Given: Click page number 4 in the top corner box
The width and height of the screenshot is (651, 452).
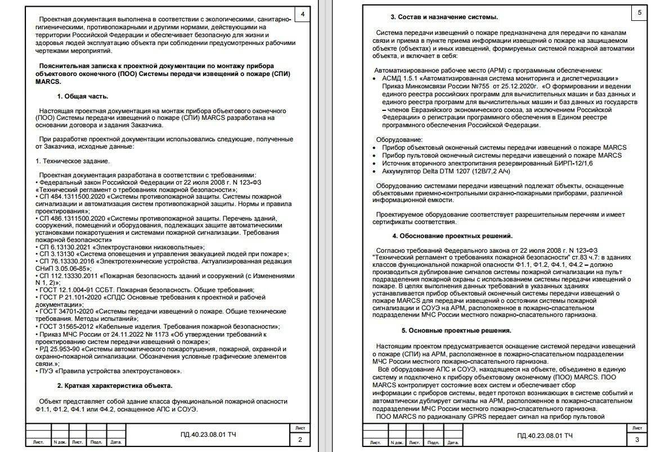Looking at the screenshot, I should click(x=303, y=14).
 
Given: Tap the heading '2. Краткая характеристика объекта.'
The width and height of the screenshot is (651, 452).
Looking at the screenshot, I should click(x=114, y=386).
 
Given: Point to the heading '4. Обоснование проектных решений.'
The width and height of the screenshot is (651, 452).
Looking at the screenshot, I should click(x=452, y=236).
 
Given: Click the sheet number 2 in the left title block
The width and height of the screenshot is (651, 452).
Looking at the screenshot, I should click(x=300, y=440).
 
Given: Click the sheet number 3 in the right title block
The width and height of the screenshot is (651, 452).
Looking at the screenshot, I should click(x=636, y=440).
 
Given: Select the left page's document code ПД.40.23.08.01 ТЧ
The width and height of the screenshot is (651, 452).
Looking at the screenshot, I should click(x=208, y=436).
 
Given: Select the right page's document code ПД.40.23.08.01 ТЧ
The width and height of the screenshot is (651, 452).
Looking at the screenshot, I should click(x=545, y=436).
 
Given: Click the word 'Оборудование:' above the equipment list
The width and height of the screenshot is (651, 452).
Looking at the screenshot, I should click(x=399, y=139).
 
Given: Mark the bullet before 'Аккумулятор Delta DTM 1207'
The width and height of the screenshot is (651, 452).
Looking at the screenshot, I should click(x=376, y=171).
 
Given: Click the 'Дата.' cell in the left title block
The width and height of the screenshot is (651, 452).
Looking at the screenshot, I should click(x=116, y=442).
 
